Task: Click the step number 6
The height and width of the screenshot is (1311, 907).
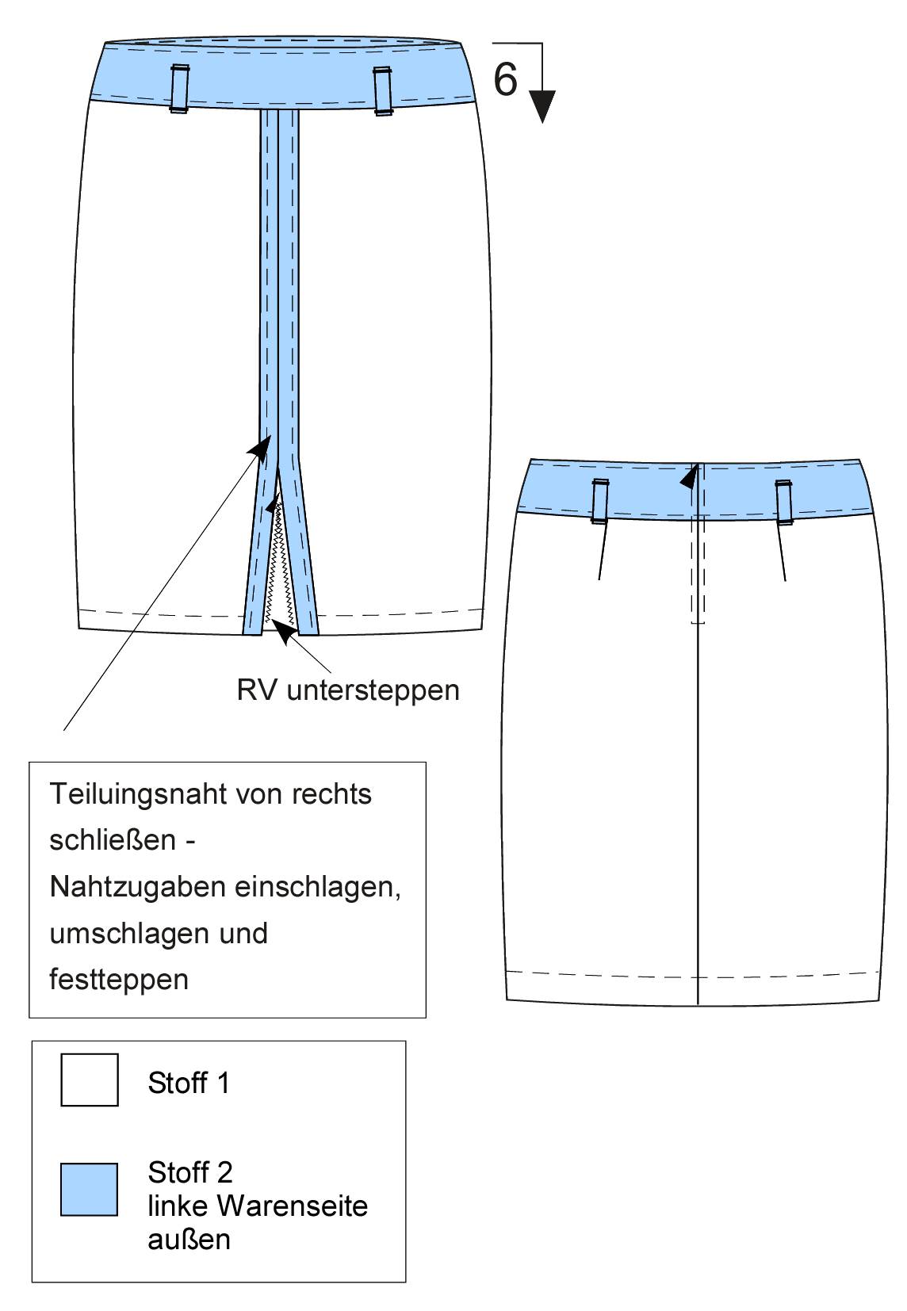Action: tap(505, 79)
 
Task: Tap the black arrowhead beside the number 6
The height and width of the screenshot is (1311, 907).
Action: tap(542, 106)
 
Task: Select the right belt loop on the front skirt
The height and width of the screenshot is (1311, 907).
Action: tap(382, 91)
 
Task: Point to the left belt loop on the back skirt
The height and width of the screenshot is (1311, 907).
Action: tap(599, 501)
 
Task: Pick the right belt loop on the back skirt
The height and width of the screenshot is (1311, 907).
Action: tap(783, 502)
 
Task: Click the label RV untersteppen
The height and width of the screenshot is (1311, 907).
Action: tap(348, 690)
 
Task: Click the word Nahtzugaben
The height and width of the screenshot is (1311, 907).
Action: tap(138, 886)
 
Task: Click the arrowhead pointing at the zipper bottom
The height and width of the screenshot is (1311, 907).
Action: tap(284, 632)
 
